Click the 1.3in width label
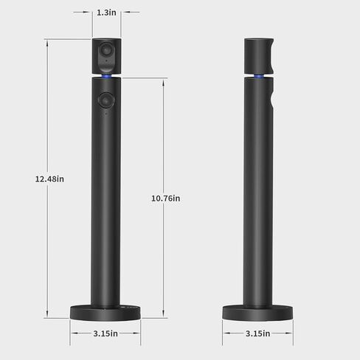107,13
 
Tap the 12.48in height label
49,179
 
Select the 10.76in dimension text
165,198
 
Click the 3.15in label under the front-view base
106,333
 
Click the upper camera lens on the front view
107,54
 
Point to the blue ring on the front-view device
107,76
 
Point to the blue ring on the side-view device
259,76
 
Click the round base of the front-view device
106,312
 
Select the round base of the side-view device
259,312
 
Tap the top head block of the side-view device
259,55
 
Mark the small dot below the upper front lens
107,67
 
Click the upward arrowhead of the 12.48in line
49,41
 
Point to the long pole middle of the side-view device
259,199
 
